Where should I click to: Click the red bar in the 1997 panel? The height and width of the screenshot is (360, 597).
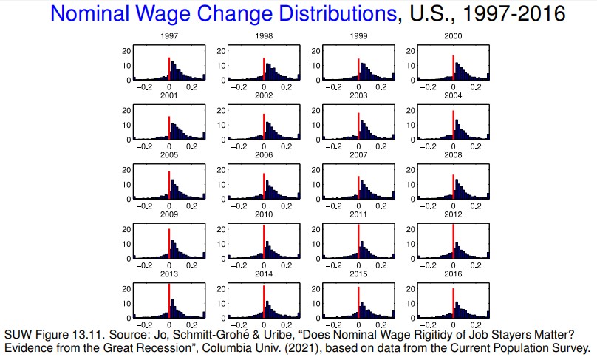click(169, 69)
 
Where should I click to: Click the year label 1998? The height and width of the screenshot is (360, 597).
click(263, 36)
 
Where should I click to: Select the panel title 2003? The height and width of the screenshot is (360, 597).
click(358, 96)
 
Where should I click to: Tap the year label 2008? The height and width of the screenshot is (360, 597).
click(452, 155)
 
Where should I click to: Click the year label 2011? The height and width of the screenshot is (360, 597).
click(358, 215)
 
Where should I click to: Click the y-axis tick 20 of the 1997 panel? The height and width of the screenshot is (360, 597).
click(126, 51)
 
